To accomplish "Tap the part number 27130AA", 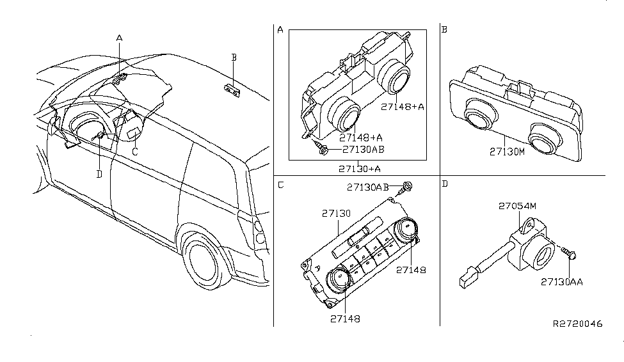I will point(561,281).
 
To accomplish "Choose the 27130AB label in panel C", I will point(368,187).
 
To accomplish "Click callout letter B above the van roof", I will point(234,58).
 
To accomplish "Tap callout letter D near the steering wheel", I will point(99,173).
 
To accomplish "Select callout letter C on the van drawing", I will point(134,152).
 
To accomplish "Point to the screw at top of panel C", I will point(406,188).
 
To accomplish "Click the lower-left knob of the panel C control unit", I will point(338,279).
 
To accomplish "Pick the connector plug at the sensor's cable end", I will point(465,279).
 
